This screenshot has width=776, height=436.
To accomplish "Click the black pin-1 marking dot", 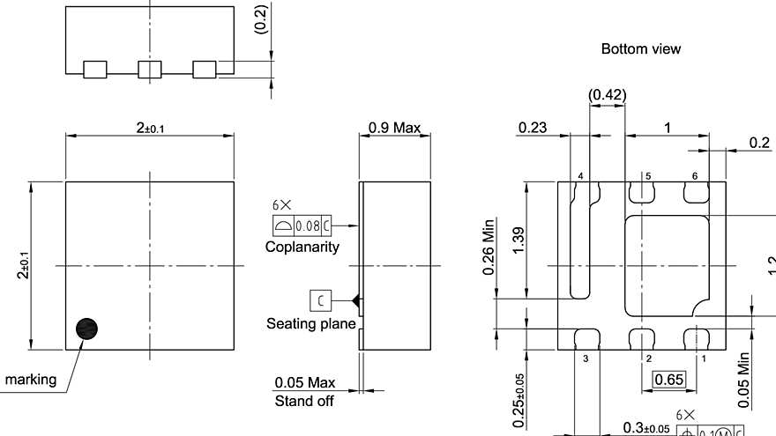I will click(87, 328).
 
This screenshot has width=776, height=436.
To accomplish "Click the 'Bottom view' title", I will click(640, 49).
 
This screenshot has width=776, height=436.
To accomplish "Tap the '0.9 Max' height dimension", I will click(394, 128).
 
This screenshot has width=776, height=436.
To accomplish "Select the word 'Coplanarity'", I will click(302, 248).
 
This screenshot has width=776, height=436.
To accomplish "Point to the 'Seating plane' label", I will click(311, 324).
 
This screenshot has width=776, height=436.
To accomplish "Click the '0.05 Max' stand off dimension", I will click(304, 383).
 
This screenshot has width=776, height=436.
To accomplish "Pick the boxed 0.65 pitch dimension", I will click(670, 380).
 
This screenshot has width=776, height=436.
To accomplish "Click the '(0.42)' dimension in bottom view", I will click(607, 94).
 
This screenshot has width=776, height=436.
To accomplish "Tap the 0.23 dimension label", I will click(532, 128).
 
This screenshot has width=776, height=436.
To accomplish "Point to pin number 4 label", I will click(581, 176).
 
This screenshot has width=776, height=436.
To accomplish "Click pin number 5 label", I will click(648, 176).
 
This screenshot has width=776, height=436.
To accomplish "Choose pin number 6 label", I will click(695, 176).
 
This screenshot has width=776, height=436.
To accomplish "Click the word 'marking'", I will click(31, 380).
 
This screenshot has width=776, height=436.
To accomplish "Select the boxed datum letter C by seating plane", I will click(320, 300).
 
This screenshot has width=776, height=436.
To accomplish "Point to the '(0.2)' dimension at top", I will click(260, 18).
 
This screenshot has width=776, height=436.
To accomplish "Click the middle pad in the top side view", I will click(151, 70).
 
